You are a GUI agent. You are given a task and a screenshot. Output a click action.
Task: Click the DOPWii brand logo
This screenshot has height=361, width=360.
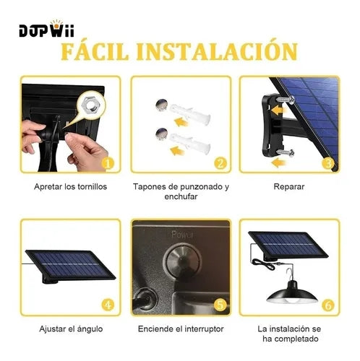coord(46,29)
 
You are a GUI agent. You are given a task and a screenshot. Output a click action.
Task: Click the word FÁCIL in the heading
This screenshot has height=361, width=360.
coord(95,51)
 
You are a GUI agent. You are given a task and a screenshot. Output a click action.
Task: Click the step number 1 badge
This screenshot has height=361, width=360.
coord(108,164)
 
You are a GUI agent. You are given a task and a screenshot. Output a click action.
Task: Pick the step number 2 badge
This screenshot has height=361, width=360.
coord(220,164)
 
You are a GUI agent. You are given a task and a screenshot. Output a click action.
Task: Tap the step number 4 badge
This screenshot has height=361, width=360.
coord(108,305)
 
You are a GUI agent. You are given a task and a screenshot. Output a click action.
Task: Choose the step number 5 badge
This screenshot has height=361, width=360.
coord(220,305)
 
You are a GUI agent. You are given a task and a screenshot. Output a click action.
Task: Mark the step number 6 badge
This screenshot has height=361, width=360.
coord(328,305)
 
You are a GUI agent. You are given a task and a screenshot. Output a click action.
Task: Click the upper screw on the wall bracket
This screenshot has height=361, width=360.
coord(286,100)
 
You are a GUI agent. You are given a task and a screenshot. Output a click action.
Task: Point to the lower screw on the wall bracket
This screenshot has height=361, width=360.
coord(286,152)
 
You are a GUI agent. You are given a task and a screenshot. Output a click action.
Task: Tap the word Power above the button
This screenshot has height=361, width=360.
coord(182,235)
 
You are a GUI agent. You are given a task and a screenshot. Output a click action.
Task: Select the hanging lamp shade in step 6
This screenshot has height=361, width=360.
coord(292,293)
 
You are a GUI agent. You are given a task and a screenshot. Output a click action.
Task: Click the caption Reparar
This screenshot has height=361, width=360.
coord(289,187)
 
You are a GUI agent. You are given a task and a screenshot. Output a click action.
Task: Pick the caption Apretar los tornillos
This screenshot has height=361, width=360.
coord(70,187)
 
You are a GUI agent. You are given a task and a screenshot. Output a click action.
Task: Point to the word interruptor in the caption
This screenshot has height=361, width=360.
coord(202,329)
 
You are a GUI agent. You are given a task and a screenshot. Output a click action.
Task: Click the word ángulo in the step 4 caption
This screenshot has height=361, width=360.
coord(90,329)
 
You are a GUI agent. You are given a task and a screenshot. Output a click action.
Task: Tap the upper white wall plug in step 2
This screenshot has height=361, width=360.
coord(190,112)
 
